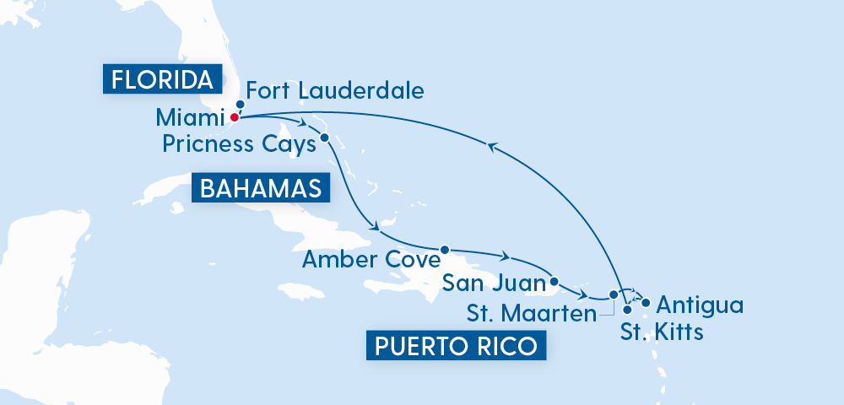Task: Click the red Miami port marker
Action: pyautogui.click(x=234, y=117)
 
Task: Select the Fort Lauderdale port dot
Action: pyautogui.click(x=240, y=105)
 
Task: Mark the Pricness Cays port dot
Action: pyautogui.click(x=325, y=137)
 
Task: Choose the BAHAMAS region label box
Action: pyautogui.click(x=260, y=188)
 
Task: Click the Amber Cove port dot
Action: pyautogui.click(x=444, y=250)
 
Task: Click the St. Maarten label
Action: pyautogui.click(x=529, y=315)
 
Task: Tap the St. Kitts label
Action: pyautogui.click(x=662, y=331)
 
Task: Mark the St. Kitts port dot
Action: pyautogui.click(x=627, y=310)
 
